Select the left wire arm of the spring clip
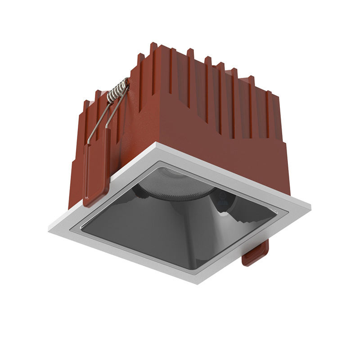[98, 119]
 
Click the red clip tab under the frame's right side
[256, 255]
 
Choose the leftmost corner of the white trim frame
[49, 229]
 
